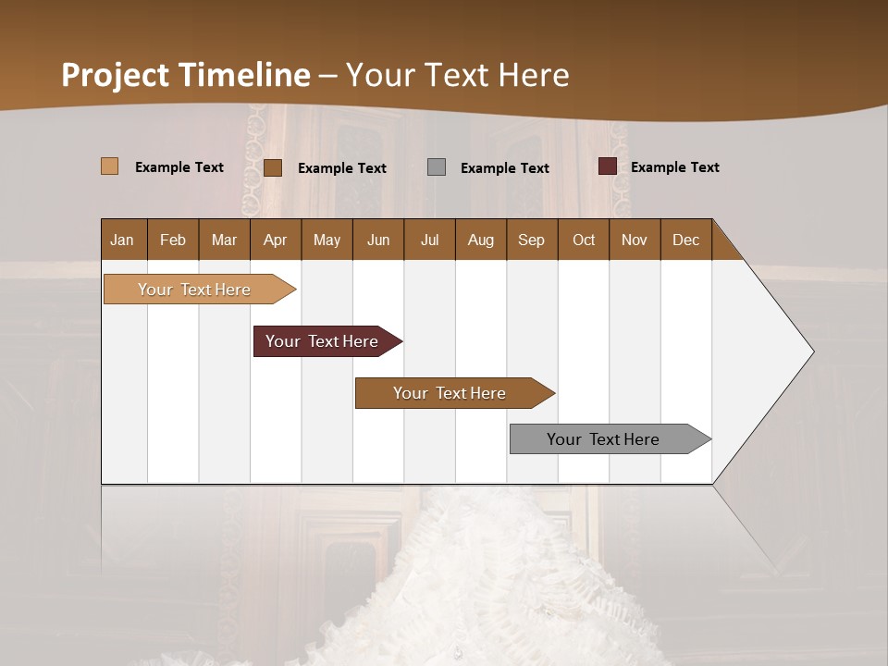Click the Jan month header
122,240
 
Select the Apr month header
275,240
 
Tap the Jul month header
429,240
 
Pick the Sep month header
531,240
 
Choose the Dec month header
685,240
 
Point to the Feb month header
173,240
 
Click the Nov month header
634,240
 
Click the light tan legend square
109,166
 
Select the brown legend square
272,167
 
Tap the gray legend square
437,167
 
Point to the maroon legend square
607,166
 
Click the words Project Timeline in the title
186,75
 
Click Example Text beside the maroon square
674,167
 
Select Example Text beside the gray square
504,168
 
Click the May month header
327,240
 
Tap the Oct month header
584,240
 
